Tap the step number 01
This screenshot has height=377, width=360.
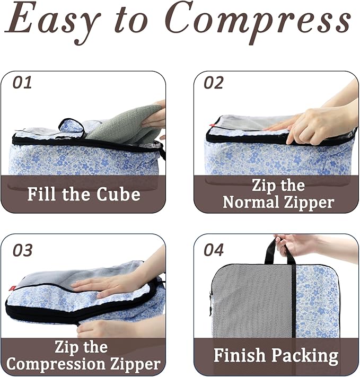tap(22, 83)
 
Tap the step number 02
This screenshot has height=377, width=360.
tap(213, 83)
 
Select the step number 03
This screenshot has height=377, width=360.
tap(23, 250)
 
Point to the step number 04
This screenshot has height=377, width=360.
tap(214, 250)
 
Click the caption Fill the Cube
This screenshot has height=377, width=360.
tap(84, 194)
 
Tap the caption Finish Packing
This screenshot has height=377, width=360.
tap(276, 355)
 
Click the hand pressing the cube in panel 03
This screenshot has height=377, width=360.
tap(109, 286)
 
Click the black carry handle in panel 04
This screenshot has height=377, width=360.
tap(280, 250)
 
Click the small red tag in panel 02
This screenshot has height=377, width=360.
tap(211, 126)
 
